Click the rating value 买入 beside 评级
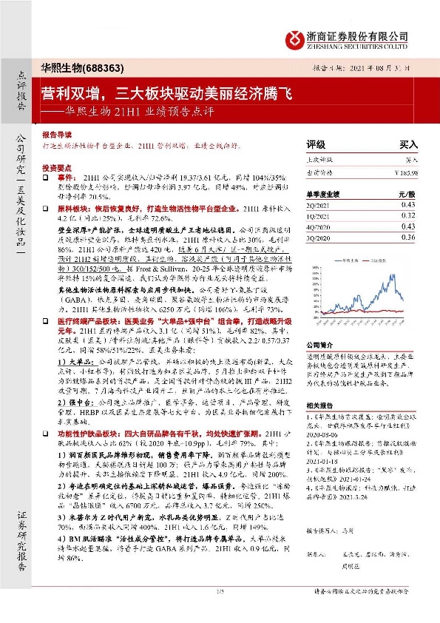pyautogui.click(x=408, y=145)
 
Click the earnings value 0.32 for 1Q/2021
pyautogui.click(x=408, y=215)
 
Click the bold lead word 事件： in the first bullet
pyautogui.click(x=63, y=179)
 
